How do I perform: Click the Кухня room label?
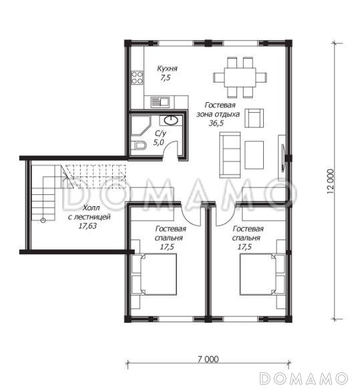click(x=167, y=69)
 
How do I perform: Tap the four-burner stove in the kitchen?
click(x=137, y=77)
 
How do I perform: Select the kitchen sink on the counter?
click(x=160, y=102)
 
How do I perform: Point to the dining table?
click(x=240, y=77)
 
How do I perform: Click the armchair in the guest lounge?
click(x=254, y=118)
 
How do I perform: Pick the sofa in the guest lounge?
click(x=230, y=155)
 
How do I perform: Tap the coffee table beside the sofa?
click(x=254, y=155)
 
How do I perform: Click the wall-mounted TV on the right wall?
click(x=283, y=158)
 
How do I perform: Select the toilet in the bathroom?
click(x=138, y=145)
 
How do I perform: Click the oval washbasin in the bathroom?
click(x=171, y=121)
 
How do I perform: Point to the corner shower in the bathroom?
click(x=140, y=125)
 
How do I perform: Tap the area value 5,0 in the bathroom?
click(x=159, y=143)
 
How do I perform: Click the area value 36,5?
click(x=216, y=123)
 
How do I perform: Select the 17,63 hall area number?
click(x=87, y=226)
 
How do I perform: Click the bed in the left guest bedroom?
click(x=159, y=274)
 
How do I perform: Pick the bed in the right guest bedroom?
click(x=258, y=274)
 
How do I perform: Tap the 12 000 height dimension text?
click(x=331, y=181)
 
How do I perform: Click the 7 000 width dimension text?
click(x=208, y=359)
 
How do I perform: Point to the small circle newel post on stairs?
click(x=43, y=220)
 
